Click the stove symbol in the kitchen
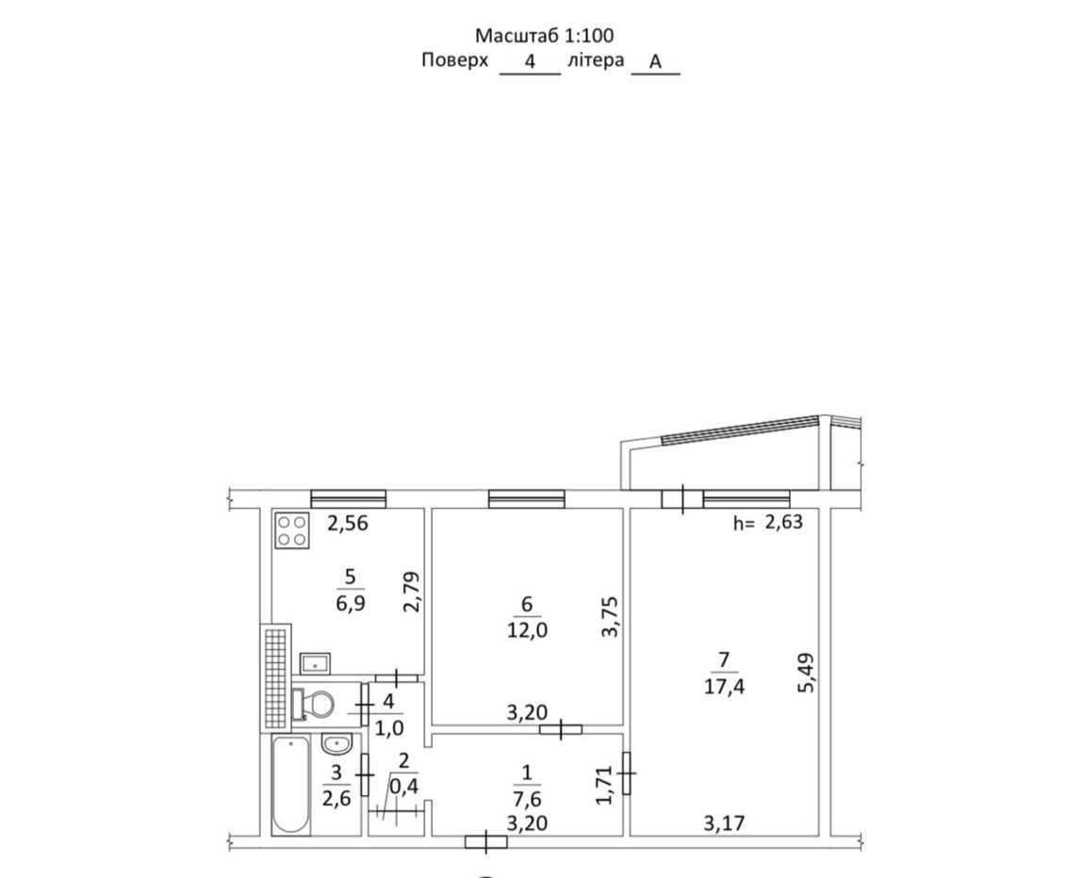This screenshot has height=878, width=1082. pos(292,530)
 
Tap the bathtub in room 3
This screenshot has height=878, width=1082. pos(290,785)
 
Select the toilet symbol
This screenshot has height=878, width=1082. pos(314,704)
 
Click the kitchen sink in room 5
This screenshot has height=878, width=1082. pos(316,663)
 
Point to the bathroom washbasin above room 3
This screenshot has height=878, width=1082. pos(336,743)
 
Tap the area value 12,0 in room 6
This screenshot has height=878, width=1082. pos(527,629)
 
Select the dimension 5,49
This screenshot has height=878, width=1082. pos(805,674)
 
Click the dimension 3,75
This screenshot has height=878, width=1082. pos(610,617)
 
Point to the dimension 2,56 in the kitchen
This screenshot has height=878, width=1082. pos(348,524)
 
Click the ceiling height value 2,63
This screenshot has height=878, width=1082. pos(783,522)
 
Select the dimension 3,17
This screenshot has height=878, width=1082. pos(724,822)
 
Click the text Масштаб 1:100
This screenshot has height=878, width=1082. pos(545,35)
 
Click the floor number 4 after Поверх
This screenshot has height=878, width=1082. pos(530,61)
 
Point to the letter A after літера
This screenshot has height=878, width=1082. pos(656,62)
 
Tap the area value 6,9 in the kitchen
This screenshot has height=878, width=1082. pos(351,604)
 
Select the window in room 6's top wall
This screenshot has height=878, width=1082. pos(527,498)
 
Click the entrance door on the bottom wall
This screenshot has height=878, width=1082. pos(486,842)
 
